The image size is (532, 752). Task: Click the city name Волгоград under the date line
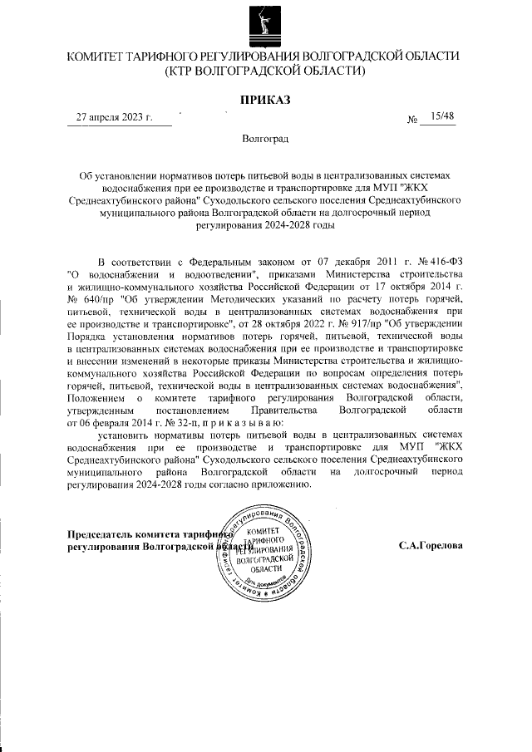tap(265, 137)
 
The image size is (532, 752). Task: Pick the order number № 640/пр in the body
tap(90, 297)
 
